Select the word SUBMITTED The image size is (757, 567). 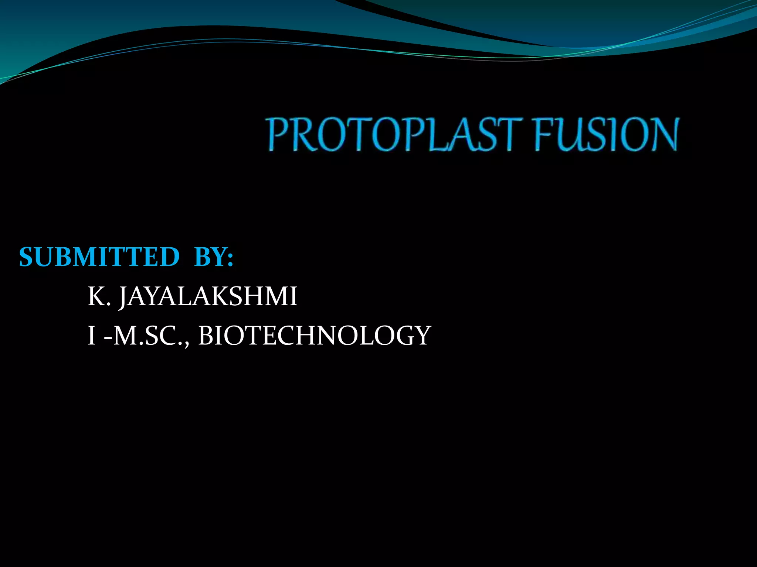point(99,257)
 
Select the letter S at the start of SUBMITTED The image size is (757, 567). point(27,257)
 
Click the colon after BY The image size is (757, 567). point(230,258)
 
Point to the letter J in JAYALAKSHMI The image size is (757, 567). point(123,298)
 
